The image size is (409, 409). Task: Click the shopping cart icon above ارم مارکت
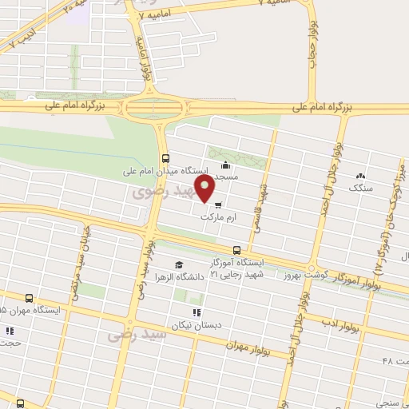pyautogui.click(x=218, y=204)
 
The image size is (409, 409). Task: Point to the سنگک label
pyautogui.click(x=361, y=188)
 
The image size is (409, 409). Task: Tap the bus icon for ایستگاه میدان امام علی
pyautogui.click(x=165, y=157)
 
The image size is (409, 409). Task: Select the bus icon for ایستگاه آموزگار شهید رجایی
pyautogui.click(x=235, y=249)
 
